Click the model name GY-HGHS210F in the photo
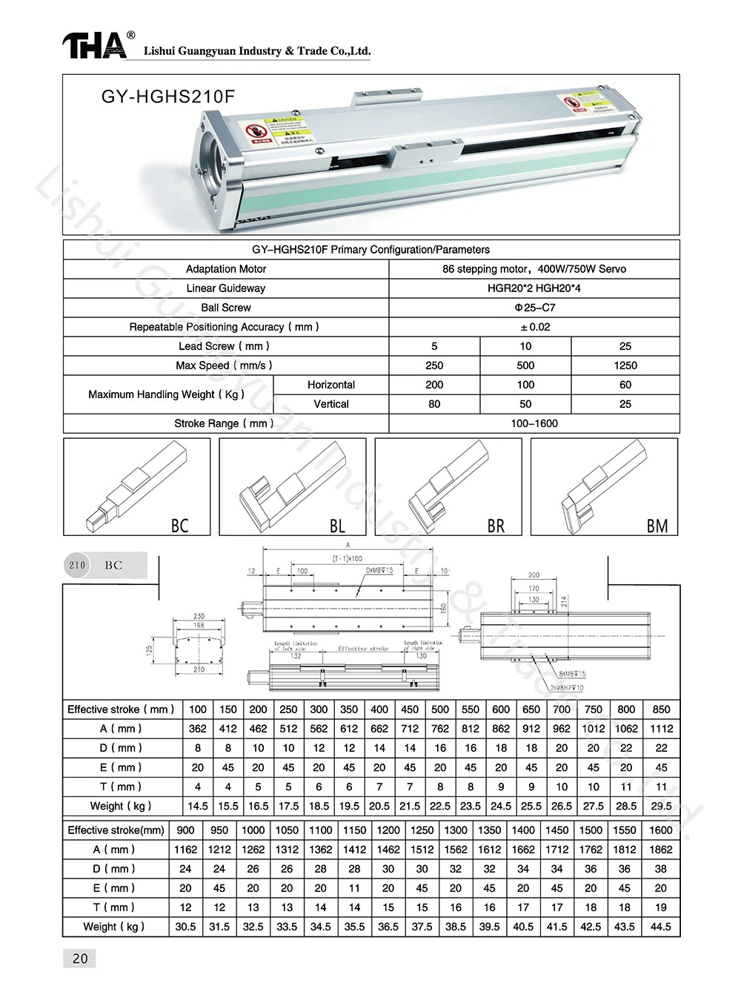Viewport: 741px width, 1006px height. [168, 96]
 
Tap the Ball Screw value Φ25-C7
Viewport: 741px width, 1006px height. [534, 308]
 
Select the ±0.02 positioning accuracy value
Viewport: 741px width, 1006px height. [534, 327]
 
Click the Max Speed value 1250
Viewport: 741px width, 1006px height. [625, 365]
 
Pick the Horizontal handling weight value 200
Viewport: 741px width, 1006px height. [434, 385]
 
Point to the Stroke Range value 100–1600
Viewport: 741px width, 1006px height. [534, 423]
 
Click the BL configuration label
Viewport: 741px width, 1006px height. [337, 526]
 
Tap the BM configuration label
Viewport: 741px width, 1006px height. [657, 526]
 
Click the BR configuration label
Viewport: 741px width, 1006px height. [496, 526]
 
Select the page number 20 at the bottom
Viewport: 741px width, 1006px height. [80, 959]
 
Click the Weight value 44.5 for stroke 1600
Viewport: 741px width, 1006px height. [660, 927]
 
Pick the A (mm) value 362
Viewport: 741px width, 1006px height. [198, 729]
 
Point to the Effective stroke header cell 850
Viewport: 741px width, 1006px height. [661, 709]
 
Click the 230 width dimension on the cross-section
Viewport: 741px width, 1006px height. [199, 616]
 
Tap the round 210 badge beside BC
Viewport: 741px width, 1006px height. [78, 565]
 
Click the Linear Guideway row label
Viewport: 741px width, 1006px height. [226, 288]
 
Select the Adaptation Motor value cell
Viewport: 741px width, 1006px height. [534, 269]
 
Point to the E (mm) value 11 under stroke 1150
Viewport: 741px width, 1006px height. [354, 888]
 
